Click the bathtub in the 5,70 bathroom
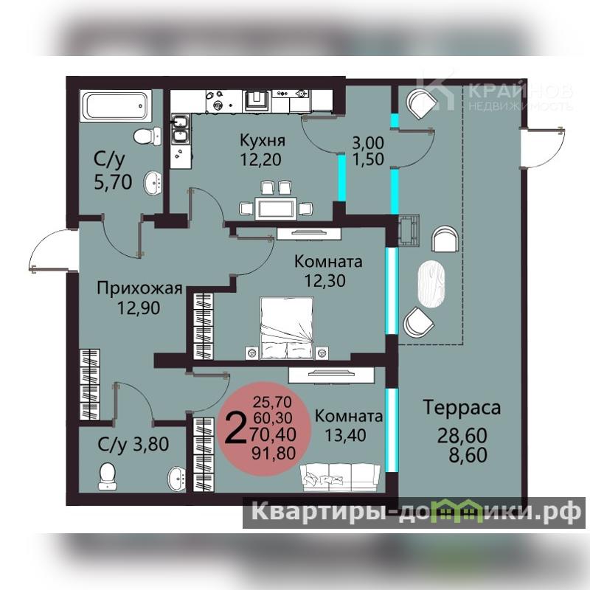pyautogui.click(x=117, y=105)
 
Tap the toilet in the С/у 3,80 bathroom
pyautogui.click(x=108, y=476)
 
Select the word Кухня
pyautogui.click(x=263, y=141)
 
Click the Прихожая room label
pyautogui.click(x=139, y=289)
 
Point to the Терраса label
pyautogui.click(x=462, y=407)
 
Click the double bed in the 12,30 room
pyautogui.click(x=287, y=328)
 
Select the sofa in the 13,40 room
pyautogui.click(x=340, y=477)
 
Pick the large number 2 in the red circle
pyautogui.click(x=235, y=427)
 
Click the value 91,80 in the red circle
pyautogui.click(x=274, y=453)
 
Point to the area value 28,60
pyautogui.click(x=462, y=436)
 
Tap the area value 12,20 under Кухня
pyautogui.click(x=261, y=159)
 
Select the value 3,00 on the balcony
pyautogui.click(x=368, y=142)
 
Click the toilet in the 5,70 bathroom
pyautogui.click(x=147, y=136)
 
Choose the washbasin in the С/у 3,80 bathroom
pyautogui.click(x=176, y=477)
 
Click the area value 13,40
pyautogui.click(x=345, y=435)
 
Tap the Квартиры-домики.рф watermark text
pyautogui.click(x=416, y=511)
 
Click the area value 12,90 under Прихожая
pyautogui.click(x=139, y=308)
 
